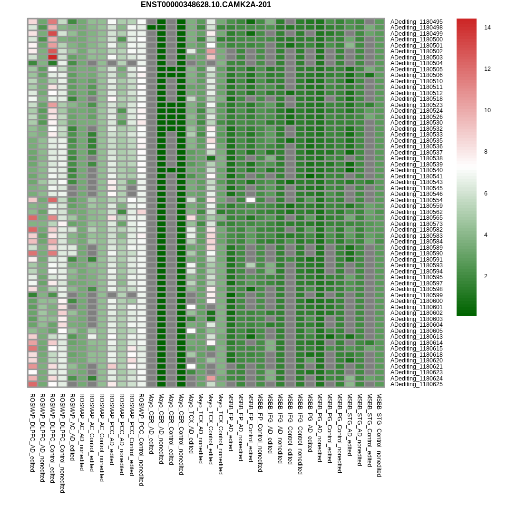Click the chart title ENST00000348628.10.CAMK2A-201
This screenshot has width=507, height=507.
pos(205,5)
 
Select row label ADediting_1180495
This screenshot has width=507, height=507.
pos(416,22)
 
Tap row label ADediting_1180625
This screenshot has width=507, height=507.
pos(416,384)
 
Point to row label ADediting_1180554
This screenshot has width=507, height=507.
pos(416,200)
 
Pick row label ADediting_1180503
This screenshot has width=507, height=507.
pos(416,58)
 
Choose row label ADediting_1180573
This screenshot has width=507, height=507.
pos(416,224)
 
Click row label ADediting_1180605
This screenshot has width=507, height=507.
pos(416,331)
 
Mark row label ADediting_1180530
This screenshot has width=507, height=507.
pos(416,123)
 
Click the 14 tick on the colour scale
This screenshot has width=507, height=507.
pos(487,28)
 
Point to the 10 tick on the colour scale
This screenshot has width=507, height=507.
pos(487,110)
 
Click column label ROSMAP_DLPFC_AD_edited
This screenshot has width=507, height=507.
pos(32,432)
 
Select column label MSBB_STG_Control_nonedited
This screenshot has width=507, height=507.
pos(380,435)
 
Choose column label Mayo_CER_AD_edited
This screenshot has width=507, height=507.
pos(151,423)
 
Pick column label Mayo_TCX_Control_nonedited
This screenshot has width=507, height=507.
pos(221,433)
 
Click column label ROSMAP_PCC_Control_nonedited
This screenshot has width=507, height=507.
pos(141,439)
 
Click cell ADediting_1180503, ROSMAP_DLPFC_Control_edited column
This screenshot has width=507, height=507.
pos(52,58)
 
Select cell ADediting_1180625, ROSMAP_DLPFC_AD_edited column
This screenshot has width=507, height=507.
pos(32,384)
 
